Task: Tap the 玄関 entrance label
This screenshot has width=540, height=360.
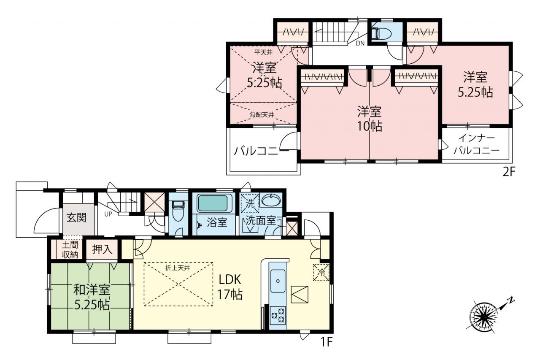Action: coord(77,218)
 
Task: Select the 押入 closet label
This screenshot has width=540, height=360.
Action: coord(102,249)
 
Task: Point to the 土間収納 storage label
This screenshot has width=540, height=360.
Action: coord(70,250)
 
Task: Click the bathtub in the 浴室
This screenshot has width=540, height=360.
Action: coord(212,203)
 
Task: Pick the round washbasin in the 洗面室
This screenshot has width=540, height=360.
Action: coord(271,200)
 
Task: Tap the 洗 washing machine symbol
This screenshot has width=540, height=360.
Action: coord(250,203)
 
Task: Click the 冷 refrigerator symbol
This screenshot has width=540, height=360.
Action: coord(321,273)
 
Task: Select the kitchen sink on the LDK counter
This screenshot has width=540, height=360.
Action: coord(278,281)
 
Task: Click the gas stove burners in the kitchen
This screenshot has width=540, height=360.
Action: coord(278,315)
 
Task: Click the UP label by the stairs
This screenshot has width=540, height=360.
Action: coord(108,214)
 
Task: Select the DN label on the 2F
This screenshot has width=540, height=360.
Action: coord(360,43)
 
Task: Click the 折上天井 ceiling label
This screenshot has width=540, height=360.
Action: coord(178,268)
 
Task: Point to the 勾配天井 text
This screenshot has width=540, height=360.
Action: coord(262,115)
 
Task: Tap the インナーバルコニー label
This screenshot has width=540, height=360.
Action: coord(477,144)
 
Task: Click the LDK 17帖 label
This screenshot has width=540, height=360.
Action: coord(230,287)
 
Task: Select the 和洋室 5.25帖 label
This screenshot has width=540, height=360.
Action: coord(92,297)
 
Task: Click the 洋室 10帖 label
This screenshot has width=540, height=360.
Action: coord(369,119)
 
